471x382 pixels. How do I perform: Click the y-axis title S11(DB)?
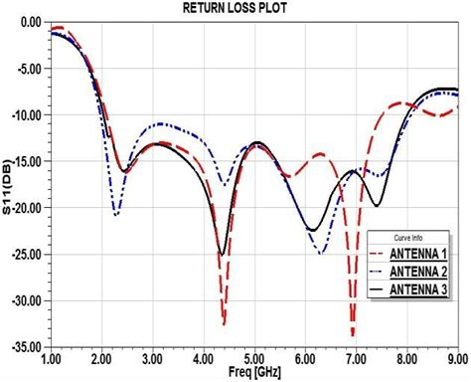pyautogui.click(x=9, y=185)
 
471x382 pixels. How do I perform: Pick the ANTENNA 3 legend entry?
pyautogui.click(x=418, y=288)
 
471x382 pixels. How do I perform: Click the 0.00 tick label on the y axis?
pyautogui.click(x=30, y=21)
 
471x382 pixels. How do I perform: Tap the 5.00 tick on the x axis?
pyautogui.click(x=254, y=357)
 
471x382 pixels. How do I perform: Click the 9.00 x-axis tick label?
pyautogui.click(x=457, y=357)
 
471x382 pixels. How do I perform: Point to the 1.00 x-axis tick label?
pyautogui.click(x=51, y=357)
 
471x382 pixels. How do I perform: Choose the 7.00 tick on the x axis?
pyautogui.click(x=356, y=357)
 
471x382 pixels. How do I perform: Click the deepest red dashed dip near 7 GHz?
pyautogui.click(x=353, y=334)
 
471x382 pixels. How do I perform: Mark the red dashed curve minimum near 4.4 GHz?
pyautogui.click(x=224, y=323)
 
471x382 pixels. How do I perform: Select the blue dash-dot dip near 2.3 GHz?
pyautogui.click(x=116, y=214)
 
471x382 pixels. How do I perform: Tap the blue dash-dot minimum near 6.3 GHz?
pyautogui.click(x=321, y=253)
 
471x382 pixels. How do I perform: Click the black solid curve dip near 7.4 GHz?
pyautogui.click(x=376, y=206)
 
